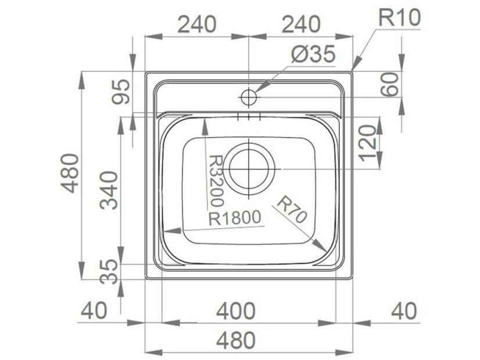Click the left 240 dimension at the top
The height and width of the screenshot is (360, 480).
[196, 24]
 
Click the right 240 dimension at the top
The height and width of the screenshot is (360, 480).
[300, 24]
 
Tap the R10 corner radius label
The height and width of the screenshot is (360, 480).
[399, 17]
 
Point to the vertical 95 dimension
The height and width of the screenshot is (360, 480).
[120, 92]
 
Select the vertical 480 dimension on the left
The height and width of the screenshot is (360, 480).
[70, 174]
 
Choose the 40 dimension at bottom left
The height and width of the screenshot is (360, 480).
[93, 311]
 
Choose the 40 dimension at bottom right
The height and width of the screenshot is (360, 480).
[403, 311]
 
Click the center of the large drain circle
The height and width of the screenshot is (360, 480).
[250, 168]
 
